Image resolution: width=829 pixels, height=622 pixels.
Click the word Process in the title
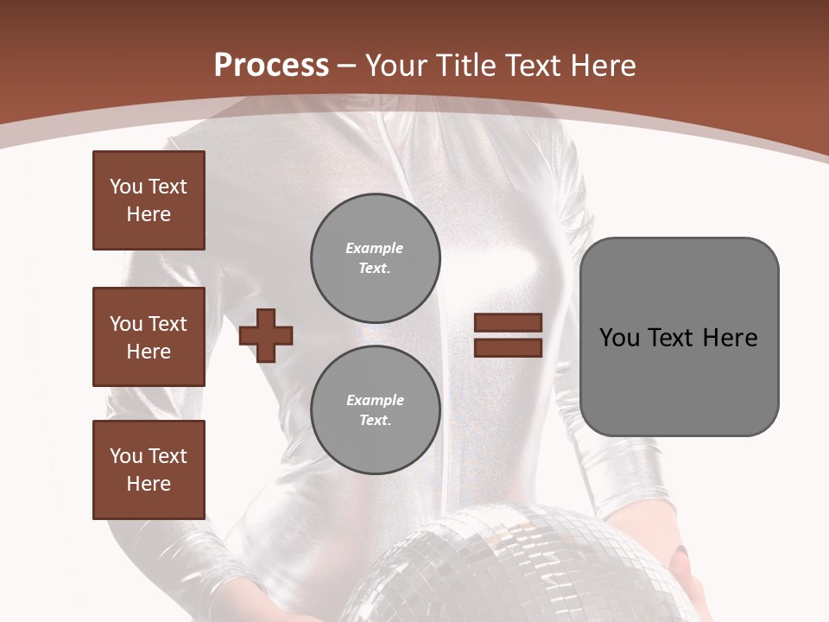pyautogui.click(x=271, y=66)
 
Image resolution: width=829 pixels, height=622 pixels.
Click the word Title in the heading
pyautogui.click(x=465, y=66)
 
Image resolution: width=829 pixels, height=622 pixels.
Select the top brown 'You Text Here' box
pyautogui.click(x=149, y=200)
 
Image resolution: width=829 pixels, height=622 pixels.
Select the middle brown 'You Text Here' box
pyautogui.click(x=149, y=337)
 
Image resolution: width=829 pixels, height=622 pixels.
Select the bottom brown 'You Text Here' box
pyautogui.click(x=149, y=470)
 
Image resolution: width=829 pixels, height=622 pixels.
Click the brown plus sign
pyautogui.click(x=266, y=335)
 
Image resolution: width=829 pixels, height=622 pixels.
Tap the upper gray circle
pyautogui.click(x=376, y=257)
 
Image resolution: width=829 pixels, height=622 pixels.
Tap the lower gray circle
pyautogui.click(x=376, y=409)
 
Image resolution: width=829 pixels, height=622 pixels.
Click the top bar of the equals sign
pyautogui.click(x=508, y=323)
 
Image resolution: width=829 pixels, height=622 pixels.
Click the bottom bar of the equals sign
pyautogui.click(x=508, y=347)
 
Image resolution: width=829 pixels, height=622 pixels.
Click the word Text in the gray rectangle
pyautogui.click(x=670, y=338)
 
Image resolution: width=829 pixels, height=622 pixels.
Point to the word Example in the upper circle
pyautogui.click(x=374, y=248)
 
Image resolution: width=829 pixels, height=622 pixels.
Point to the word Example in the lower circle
pyautogui.click(x=375, y=400)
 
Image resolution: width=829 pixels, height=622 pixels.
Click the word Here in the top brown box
pyautogui.click(x=149, y=214)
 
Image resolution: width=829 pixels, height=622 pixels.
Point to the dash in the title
pyautogui.click(x=347, y=67)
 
